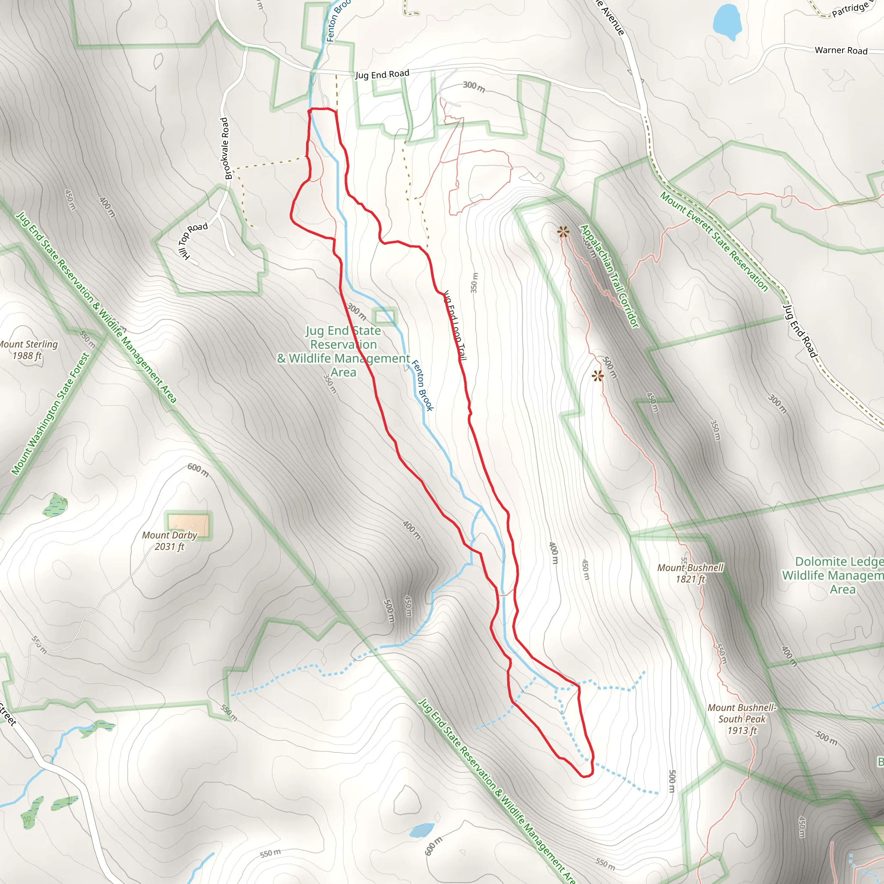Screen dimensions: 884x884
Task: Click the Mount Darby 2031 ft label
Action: pos(169,541)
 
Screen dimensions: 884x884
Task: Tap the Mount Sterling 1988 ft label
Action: pos(28,350)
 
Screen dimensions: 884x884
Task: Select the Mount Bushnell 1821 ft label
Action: pos(690,573)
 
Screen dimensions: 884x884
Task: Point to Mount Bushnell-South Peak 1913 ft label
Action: pos(742,719)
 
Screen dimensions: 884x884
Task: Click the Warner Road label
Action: pos(841,51)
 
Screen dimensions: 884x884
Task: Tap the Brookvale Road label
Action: pos(226,149)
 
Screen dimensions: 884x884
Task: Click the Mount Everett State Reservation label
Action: pos(714,242)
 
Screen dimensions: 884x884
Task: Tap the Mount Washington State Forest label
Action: pos(51,414)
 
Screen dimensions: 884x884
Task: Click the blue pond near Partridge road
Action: pos(726,21)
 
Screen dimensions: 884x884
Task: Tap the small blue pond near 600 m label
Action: pos(421,830)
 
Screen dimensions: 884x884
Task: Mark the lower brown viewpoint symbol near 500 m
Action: pos(597,376)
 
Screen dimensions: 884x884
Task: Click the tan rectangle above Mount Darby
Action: pos(189,525)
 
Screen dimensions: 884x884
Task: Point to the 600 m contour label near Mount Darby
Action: pos(198,470)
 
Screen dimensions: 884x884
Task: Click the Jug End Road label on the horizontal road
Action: pos(382,74)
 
